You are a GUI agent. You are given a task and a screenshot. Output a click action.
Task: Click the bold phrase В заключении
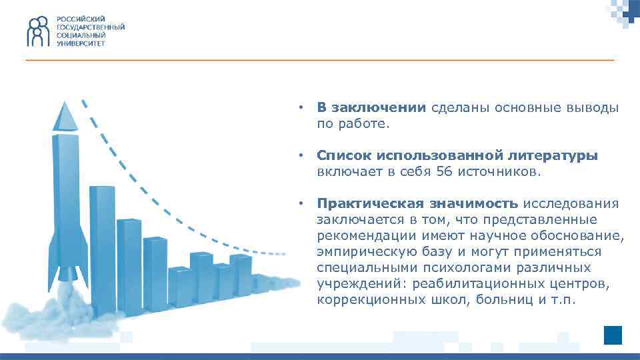371,108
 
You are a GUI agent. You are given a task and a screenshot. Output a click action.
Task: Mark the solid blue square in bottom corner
612,335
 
